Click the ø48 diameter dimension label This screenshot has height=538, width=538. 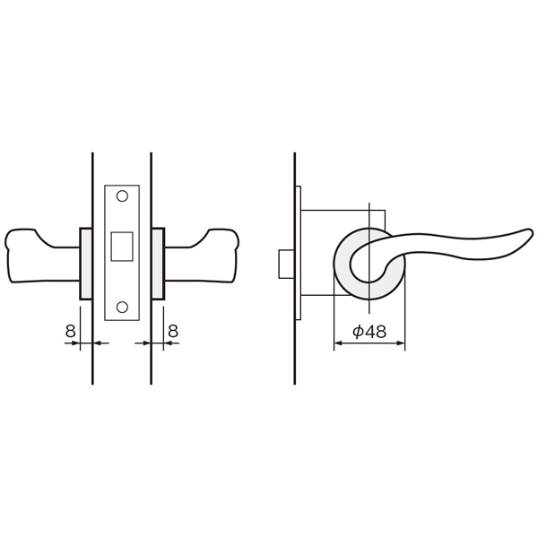point(369,332)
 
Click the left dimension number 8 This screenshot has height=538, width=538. point(70,332)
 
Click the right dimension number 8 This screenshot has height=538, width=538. point(173,332)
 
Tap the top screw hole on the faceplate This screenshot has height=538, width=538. point(122,196)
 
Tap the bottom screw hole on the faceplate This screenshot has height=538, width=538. point(122,307)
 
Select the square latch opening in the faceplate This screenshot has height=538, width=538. point(122,247)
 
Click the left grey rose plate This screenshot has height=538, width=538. point(86,264)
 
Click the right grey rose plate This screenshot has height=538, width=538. point(158,264)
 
